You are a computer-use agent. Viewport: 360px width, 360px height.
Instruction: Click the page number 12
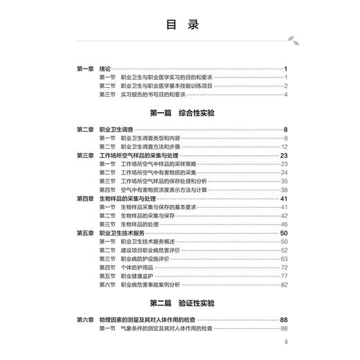284,147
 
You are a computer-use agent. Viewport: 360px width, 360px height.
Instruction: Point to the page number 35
284,181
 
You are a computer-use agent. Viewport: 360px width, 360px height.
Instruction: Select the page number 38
284,190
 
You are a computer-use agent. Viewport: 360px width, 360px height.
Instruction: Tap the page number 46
284,224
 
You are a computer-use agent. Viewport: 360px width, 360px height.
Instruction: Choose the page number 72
284,267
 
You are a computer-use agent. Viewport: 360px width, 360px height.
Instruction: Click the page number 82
284,285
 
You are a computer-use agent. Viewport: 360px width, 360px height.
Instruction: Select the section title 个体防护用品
137,267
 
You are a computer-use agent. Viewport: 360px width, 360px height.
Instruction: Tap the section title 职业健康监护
137,276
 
